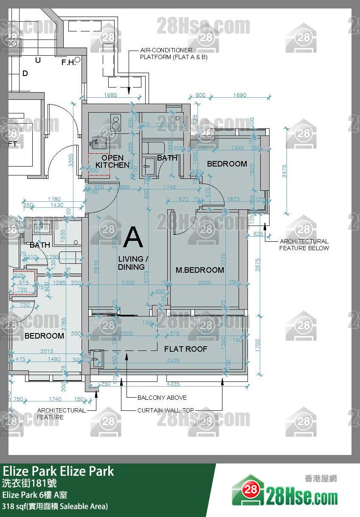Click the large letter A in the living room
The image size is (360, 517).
pos(133,237)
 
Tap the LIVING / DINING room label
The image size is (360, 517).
pos(132,263)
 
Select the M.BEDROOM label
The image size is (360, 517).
pos(200,270)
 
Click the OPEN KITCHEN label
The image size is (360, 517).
pos(112,161)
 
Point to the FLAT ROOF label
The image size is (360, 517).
pos(186,349)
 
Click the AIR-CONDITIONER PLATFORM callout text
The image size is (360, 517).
pos(174,54)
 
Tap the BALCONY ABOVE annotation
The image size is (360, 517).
pos(162,398)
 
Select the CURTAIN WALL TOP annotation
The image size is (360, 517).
pos(166,410)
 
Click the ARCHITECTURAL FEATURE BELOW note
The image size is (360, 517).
pos(304,245)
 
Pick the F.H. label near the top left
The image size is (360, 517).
pos(68,62)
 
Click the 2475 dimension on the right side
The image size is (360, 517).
pos(284,171)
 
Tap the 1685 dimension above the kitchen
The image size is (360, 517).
pos(110,95)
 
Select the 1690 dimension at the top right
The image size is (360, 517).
pos(239,95)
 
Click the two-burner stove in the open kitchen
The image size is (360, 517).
pos(115,122)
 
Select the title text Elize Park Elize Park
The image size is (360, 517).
pos(59,471)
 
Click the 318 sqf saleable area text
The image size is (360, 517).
pos(55,506)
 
